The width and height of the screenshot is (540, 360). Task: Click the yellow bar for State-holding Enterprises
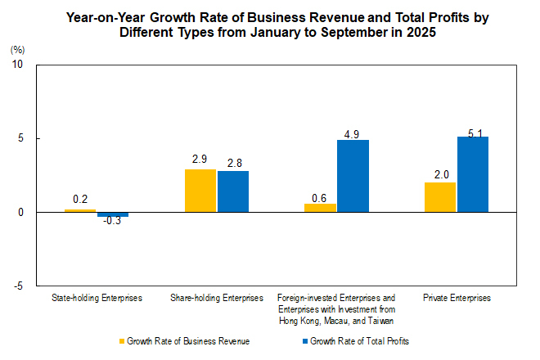pos(80,211)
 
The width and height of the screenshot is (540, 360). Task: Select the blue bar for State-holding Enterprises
pos(113,214)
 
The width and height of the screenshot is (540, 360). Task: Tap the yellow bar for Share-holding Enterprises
pos(200,191)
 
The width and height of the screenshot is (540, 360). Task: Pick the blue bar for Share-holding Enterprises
pos(233,191)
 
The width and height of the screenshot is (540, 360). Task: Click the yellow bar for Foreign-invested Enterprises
pos(320,208)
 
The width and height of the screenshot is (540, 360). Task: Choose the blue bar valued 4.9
pos(353,176)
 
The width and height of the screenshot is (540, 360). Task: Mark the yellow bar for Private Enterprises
pos(440,197)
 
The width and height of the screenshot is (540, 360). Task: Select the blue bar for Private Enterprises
pos(473,174)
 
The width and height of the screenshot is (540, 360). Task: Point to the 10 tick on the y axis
pos(18,65)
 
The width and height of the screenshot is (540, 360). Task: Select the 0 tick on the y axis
pos(20,213)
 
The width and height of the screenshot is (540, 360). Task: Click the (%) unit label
pos(17,50)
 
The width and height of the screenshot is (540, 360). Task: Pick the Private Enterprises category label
pos(457,299)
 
